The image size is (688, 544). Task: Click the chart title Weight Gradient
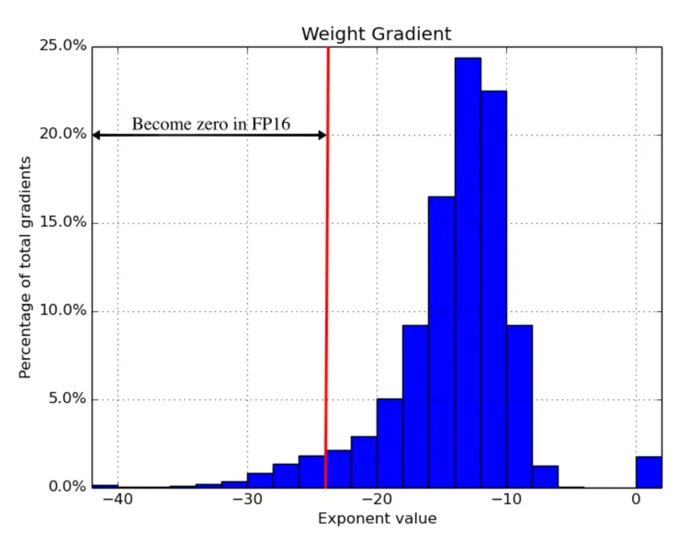[376, 34]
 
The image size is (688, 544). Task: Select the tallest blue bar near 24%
[468, 274]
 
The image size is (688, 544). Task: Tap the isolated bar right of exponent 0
[649, 472]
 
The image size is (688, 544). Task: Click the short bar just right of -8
[545, 476]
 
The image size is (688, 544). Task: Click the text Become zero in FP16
[211, 124]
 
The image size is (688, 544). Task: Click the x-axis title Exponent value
[377, 519]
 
